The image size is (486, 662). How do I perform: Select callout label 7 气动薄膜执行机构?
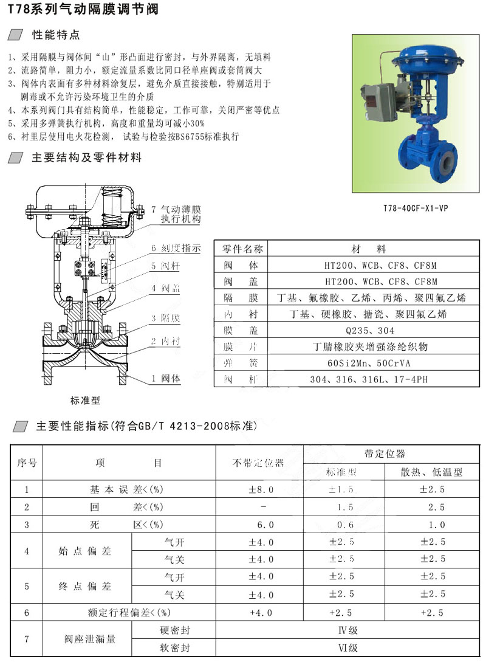[176, 214]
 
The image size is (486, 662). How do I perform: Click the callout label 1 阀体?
[166, 378]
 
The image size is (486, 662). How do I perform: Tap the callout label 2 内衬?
[166, 342]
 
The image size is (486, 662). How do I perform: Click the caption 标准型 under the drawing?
[85, 401]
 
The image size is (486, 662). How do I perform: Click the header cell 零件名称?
[242, 249]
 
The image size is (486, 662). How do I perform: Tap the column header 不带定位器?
[259, 463]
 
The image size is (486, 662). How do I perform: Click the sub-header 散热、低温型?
[432, 472]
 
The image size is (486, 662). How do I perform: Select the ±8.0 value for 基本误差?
[261, 489]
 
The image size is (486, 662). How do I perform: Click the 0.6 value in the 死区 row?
[344, 525]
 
